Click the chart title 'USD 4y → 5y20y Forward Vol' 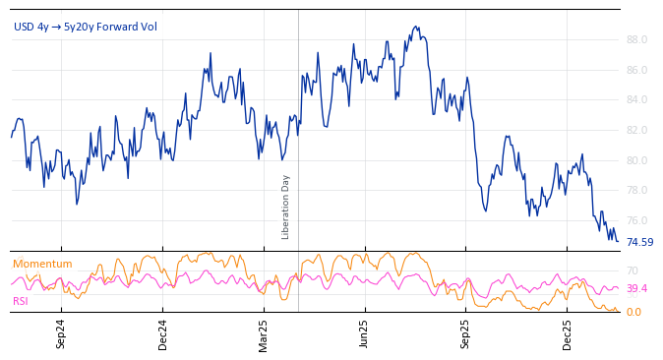click(86, 27)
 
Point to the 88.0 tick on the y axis click(636, 40)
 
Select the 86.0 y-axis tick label click(636, 71)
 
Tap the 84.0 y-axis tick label click(636, 100)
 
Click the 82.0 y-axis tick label click(636, 131)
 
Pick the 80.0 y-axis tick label click(636, 161)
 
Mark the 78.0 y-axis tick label click(636, 191)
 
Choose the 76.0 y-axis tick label click(636, 221)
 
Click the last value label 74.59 click(639, 243)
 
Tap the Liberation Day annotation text click(286, 207)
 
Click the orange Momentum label click(42, 264)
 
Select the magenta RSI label click(21, 301)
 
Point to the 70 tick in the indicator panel click(633, 270)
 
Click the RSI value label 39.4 click(636, 289)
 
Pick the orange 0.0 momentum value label click(633, 312)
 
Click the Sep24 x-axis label click(61, 333)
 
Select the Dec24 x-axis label click(163, 333)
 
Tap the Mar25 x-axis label click(264, 333)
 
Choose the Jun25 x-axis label click(364, 333)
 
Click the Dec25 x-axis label click(568, 333)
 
